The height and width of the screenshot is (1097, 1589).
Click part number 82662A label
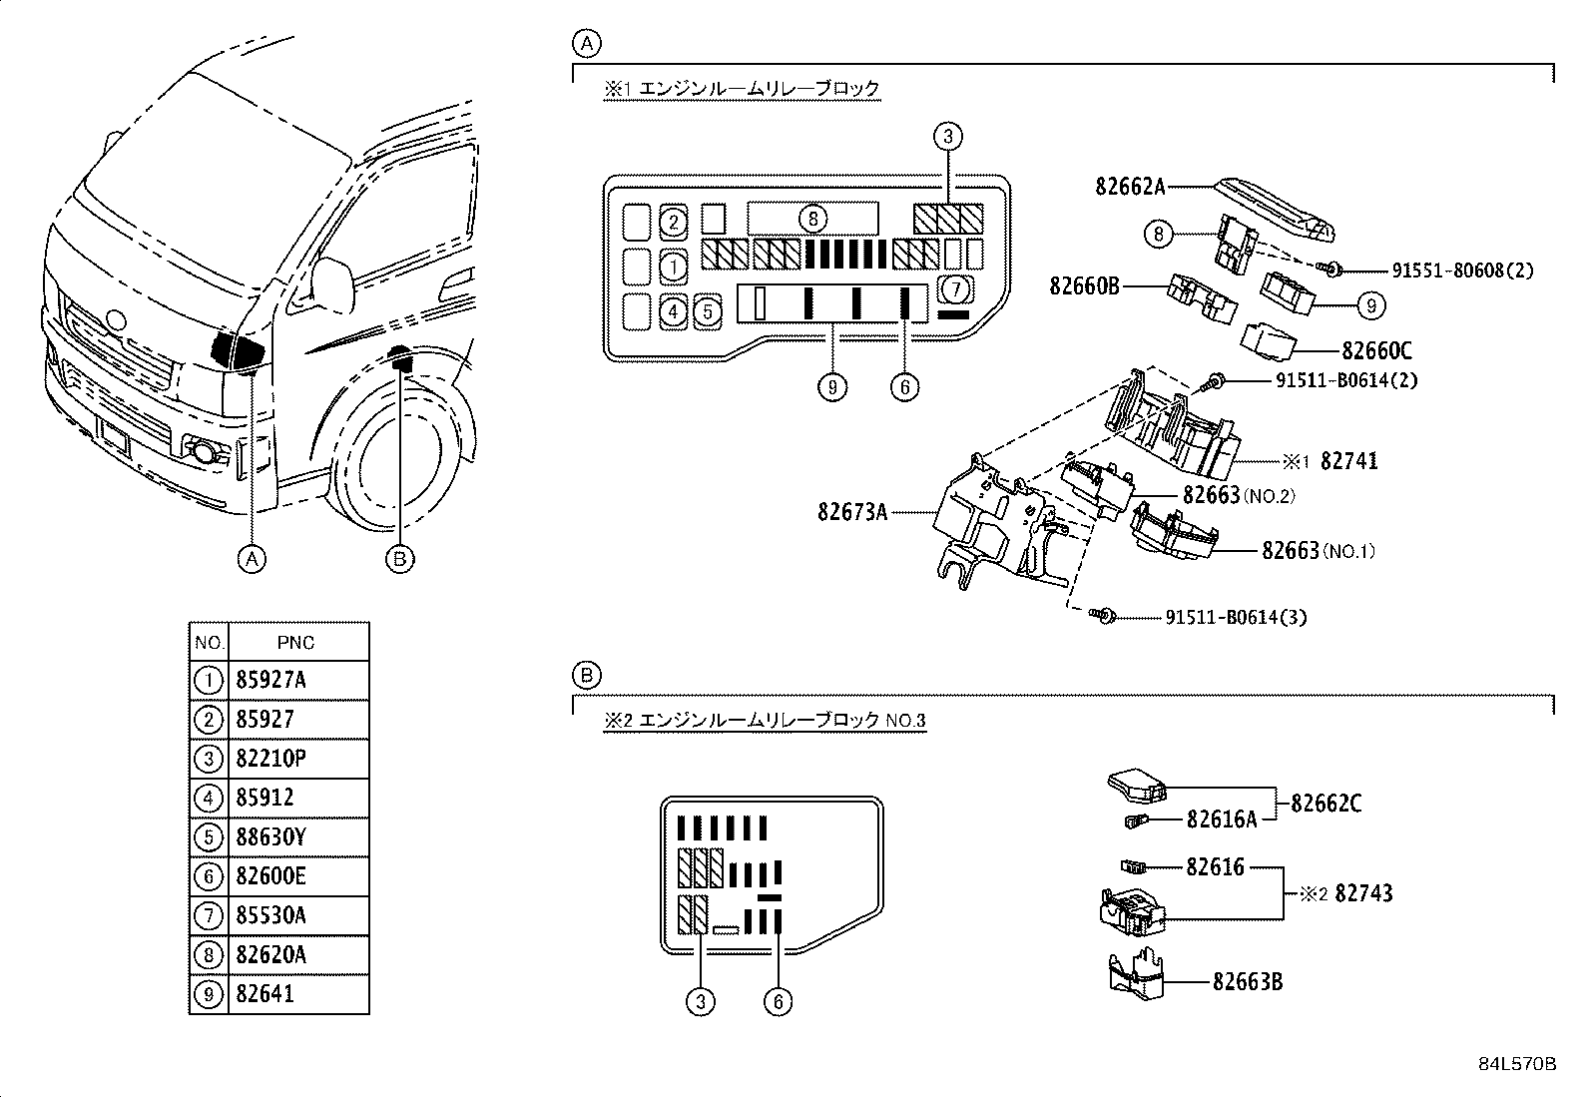(1130, 187)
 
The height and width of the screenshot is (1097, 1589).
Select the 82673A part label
(851, 512)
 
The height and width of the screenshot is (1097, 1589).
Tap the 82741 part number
(1348, 461)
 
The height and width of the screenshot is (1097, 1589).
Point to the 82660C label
(1376, 351)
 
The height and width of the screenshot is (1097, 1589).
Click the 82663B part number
(1247, 982)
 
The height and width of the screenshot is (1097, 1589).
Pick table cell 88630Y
(270, 837)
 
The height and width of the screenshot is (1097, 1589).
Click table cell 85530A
(270, 915)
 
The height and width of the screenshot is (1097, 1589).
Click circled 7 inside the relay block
(955, 290)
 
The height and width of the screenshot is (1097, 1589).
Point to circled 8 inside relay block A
(812, 218)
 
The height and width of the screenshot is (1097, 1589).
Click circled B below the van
(399, 560)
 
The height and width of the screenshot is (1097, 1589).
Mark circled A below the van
(253, 559)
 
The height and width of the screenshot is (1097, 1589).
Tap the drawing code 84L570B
(1517, 1064)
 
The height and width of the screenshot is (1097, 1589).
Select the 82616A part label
(1221, 820)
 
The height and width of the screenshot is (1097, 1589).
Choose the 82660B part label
(1084, 286)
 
